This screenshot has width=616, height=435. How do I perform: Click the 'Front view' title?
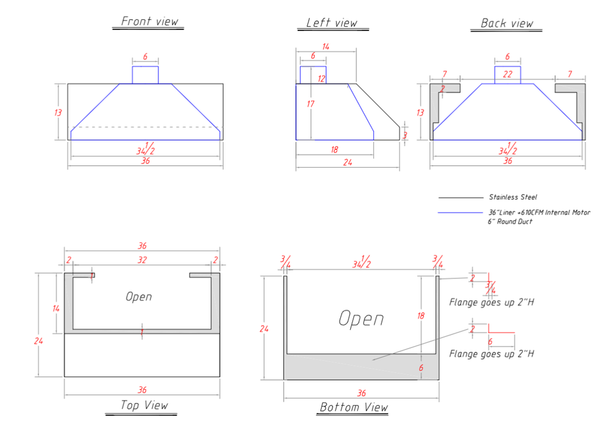(x=149, y=21)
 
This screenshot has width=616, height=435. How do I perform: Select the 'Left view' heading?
(x=332, y=23)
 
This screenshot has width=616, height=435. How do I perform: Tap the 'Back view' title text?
(x=507, y=23)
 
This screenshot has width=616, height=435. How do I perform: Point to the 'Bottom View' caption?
(x=354, y=407)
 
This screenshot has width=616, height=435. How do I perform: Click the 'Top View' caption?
(x=144, y=405)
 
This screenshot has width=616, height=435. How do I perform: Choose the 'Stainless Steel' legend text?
(x=513, y=197)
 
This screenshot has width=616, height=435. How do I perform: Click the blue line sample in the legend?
(x=460, y=213)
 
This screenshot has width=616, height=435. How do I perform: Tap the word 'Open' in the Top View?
(x=138, y=296)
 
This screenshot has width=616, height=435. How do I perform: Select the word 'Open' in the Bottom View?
(x=361, y=318)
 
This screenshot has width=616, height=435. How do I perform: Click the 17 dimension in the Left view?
(x=310, y=104)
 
